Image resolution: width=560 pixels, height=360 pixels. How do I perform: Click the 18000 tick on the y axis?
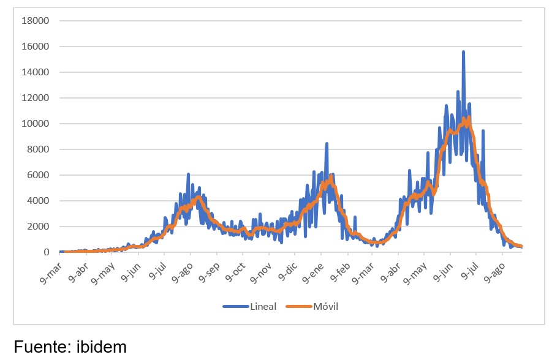36,21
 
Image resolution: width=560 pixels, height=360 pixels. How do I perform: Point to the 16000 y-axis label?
36,47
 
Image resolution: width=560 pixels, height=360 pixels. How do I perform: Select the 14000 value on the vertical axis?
36,72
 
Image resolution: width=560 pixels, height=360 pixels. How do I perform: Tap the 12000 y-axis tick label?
36,98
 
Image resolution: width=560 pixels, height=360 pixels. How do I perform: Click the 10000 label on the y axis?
36,124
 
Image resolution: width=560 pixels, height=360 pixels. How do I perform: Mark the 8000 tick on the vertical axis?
38,149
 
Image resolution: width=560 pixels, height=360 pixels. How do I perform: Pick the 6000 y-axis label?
38,175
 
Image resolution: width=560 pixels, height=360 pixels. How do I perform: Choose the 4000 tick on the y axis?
38,201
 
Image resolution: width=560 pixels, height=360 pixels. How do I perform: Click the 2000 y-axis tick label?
38,227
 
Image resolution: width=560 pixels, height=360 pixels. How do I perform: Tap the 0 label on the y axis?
46,252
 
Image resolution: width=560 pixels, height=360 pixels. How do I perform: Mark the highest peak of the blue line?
463,52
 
